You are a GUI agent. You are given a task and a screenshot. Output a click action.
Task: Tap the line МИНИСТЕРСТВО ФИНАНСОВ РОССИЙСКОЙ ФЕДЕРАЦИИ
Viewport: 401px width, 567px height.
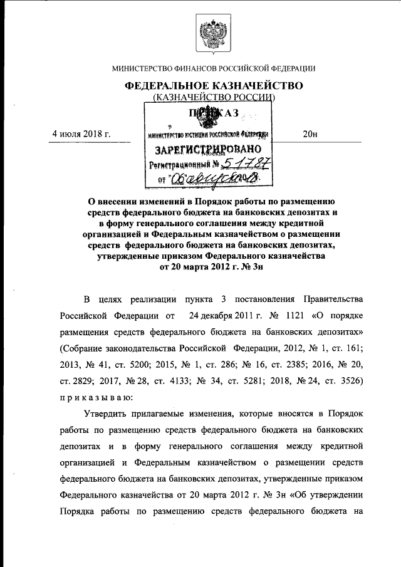(213, 68)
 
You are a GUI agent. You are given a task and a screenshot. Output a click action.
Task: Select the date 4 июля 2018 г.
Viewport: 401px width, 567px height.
(81, 133)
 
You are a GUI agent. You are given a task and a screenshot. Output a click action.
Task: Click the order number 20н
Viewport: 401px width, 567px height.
(311, 133)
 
